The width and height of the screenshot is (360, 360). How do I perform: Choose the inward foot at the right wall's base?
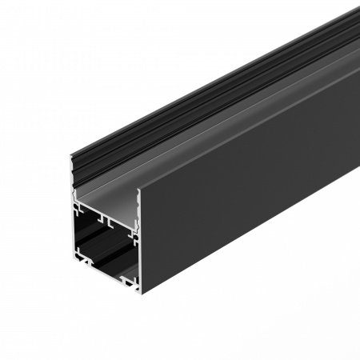coord(128,281)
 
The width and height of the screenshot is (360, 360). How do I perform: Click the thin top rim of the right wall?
coord(248,112)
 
